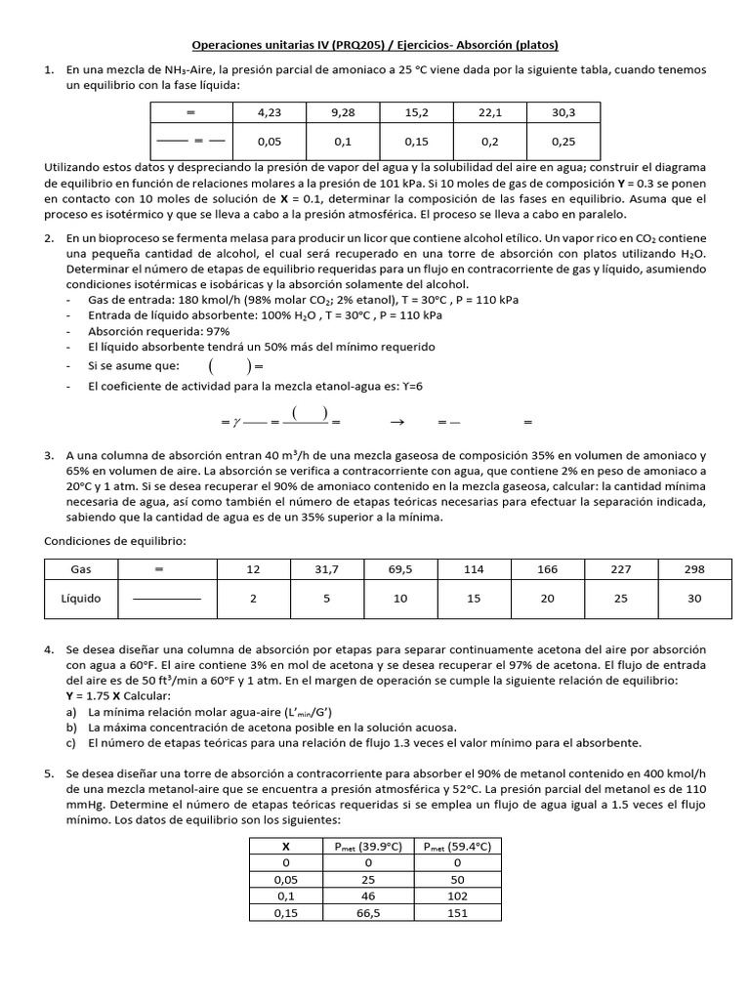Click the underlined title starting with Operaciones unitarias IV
[374, 45]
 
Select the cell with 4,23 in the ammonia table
[269, 112]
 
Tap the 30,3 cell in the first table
[563, 112]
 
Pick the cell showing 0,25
[563, 141]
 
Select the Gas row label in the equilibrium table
[80, 568]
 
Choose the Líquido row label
[80, 599]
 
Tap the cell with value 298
[694, 568]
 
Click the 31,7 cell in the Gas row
[327, 568]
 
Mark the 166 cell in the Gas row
[548, 568]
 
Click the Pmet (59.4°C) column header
[456, 846]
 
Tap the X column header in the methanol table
[285, 846]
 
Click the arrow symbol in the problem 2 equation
[396, 423]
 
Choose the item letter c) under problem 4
[72, 742]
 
